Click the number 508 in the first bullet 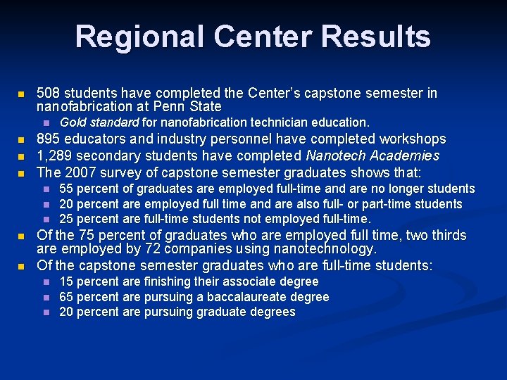tap(48, 94)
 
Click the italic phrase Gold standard tap(99, 122)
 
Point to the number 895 tap(48, 139)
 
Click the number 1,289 tap(54, 156)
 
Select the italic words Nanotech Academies tap(373, 156)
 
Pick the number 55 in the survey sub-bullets tap(65, 189)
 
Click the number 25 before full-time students tap(65, 219)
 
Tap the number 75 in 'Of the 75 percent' tap(88, 235)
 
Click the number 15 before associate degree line tap(65, 281)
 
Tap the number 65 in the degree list tap(65, 297)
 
